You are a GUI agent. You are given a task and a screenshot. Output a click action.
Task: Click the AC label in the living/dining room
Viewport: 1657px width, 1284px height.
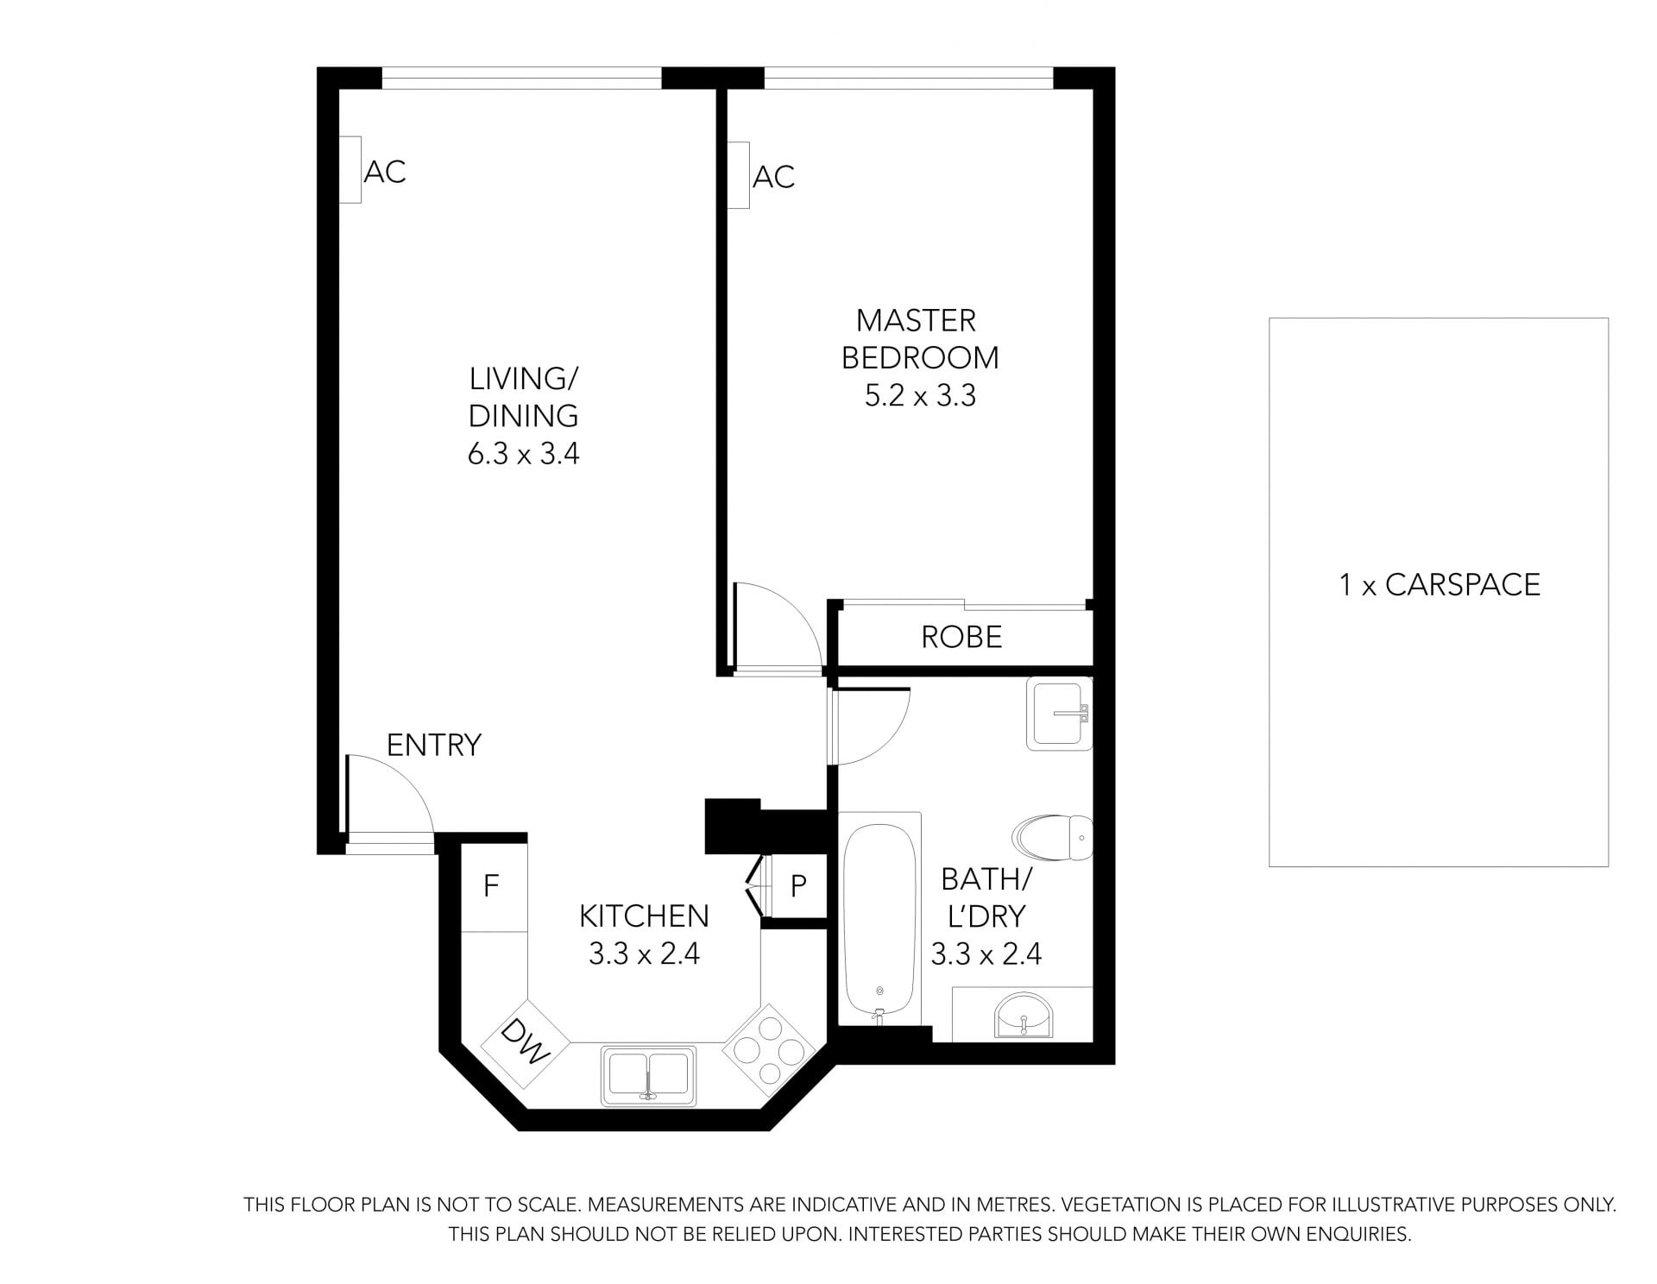(385, 172)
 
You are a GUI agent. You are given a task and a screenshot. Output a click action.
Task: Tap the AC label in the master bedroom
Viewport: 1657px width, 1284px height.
(773, 177)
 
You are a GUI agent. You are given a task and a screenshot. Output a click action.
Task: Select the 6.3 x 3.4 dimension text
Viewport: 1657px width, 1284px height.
(523, 454)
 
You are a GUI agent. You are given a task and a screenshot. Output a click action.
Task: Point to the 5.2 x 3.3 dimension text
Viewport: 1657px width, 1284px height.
(920, 395)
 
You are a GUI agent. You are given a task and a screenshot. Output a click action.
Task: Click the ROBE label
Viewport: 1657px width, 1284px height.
(961, 637)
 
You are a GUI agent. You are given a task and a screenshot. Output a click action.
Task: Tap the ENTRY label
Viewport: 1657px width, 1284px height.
(433, 745)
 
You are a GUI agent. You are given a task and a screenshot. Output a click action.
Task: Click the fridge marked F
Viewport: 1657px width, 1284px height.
(494, 886)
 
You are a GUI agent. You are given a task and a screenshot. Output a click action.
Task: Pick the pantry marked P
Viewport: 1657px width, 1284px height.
(798, 886)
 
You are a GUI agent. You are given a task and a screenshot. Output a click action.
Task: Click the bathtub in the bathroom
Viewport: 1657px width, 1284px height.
(879, 919)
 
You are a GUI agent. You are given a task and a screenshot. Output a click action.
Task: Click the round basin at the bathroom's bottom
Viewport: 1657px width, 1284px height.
(1023, 1014)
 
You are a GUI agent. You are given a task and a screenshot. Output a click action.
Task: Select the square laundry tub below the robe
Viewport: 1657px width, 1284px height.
(1059, 713)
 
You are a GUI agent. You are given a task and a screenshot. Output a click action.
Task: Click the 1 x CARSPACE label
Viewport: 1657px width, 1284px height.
(1439, 585)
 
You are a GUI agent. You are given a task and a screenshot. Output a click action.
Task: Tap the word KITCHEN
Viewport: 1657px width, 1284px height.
(644, 916)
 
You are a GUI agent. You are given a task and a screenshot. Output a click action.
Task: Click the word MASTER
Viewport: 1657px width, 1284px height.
(916, 321)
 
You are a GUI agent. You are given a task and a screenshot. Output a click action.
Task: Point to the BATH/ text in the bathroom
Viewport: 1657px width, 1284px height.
(986, 879)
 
